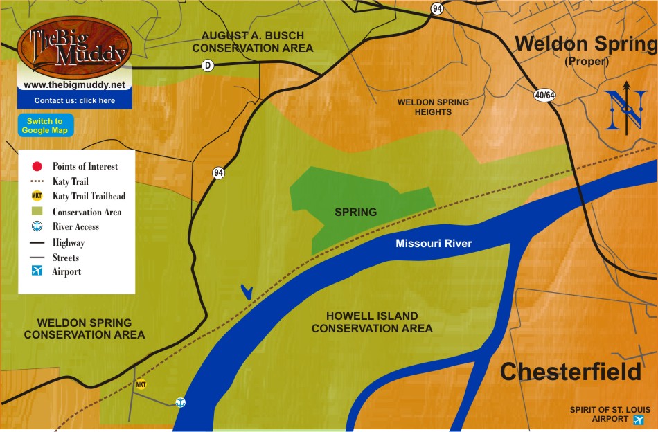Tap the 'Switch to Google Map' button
point(45,125)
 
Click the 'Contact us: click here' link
point(74,100)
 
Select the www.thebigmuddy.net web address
point(74,84)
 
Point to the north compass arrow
point(625,108)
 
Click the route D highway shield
point(207,65)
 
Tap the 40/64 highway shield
point(544,95)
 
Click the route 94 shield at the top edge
point(436,8)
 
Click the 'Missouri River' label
point(434,244)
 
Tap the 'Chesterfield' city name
point(571,372)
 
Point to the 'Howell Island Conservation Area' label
point(372,322)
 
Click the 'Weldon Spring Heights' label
point(433,107)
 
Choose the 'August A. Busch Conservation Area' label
point(253,42)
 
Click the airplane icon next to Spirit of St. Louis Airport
point(638,419)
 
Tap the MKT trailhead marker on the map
point(141,384)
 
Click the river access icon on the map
point(180,402)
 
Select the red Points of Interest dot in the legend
point(37,166)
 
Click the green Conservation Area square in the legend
point(37,212)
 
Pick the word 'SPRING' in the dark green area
point(355,212)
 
